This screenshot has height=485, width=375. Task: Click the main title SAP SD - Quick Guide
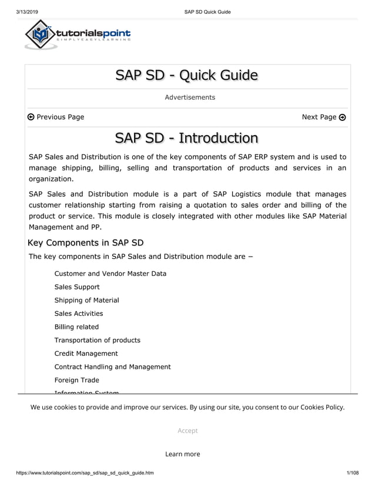tap(187, 75)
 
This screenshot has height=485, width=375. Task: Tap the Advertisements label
tap(189, 97)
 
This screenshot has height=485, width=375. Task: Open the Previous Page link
tap(56, 117)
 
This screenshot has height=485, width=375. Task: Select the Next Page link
tap(323, 117)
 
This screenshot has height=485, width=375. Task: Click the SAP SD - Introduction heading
tap(187, 138)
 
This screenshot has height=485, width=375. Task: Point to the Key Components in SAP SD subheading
tap(86, 242)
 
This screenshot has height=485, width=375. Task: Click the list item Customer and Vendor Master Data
tap(110, 274)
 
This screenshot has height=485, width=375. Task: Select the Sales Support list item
tap(77, 287)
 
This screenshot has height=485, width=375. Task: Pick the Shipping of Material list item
tap(86, 300)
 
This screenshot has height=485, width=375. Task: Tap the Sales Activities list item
tap(79, 314)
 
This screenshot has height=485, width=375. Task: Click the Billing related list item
tap(76, 327)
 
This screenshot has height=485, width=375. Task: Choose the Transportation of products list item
tap(97, 340)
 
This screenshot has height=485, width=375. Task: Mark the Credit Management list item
tap(86, 353)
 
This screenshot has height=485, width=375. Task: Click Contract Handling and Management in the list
tap(112, 367)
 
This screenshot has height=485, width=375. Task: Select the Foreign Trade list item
tap(76, 380)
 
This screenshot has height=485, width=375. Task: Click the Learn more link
tap(182, 454)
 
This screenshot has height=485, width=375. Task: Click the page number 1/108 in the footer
tap(353, 473)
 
